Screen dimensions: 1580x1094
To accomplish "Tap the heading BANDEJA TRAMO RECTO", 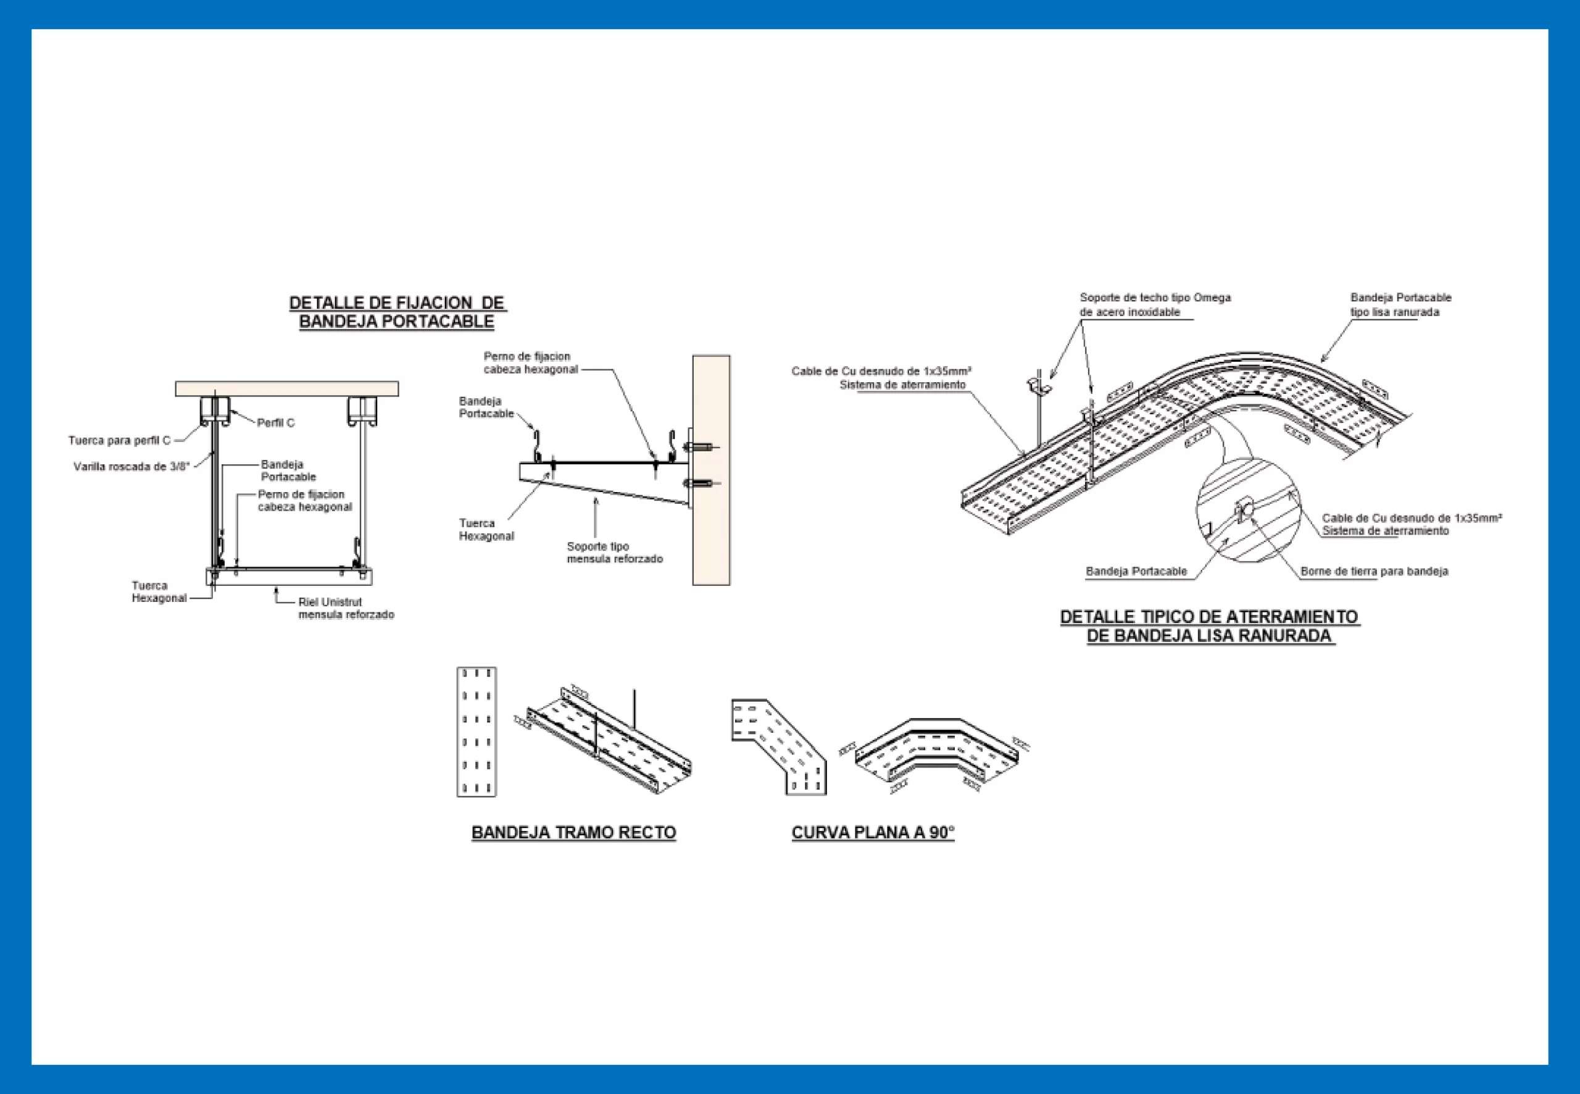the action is tap(573, 832).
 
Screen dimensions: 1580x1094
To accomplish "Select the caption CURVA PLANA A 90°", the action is tap(873, 832).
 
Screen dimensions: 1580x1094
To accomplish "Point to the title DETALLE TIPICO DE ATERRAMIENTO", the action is tap(1209, 617).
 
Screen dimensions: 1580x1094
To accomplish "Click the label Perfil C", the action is tap(275, 423).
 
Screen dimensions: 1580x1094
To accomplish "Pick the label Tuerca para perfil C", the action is tap(119, 440).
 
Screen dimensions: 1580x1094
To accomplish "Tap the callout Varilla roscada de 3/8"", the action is tap(131, 467).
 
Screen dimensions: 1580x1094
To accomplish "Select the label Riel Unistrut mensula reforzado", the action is tap(346, 608).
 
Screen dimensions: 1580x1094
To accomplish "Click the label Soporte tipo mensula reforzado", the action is tap(615, 553).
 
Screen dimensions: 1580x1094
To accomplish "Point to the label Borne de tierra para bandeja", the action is tap(1374, 571).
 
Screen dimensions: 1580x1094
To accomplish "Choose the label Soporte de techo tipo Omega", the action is tap(1155, 298).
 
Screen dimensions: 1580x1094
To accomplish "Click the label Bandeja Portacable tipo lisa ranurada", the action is tap(1400, 304).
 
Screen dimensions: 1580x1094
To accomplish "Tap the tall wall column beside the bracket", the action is tap(710, 470).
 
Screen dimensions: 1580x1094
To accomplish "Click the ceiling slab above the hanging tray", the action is tap(286, 389).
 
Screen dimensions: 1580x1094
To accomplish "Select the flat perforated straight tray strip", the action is tap(476, 732).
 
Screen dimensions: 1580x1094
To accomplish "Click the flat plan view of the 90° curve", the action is tap(779, 746).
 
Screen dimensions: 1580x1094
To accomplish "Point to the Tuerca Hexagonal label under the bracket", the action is tap(486, 529).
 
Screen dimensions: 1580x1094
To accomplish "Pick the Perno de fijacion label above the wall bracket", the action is tap(530, 362).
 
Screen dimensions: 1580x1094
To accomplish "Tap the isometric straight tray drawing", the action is tap(603, 740).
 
